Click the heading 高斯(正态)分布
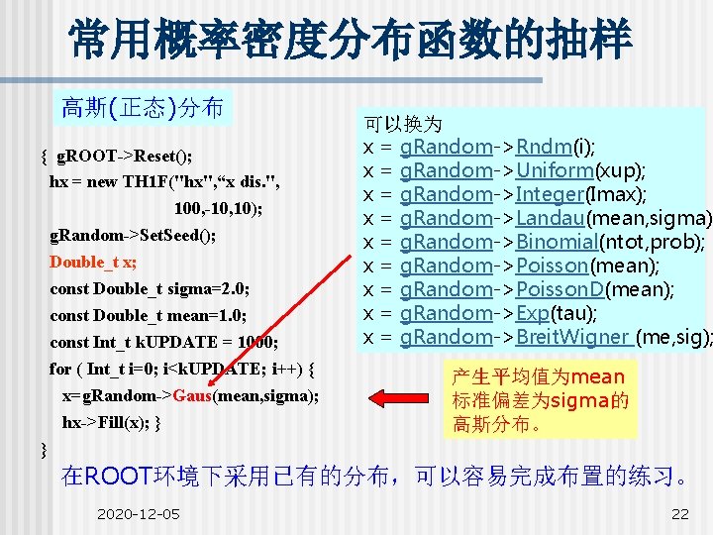click(x=143, y=107)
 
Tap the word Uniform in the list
click(x=555, y=170)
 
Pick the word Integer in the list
click(x=552, y=194)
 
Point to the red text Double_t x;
click(x=93, y=262)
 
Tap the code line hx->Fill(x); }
click(x=112, y=422)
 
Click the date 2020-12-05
click(x=139, y=513)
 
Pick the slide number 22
click(x=680, y=513)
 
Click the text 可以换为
click(x=403, y=125)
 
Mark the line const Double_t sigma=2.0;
click(x=150, y=289)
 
